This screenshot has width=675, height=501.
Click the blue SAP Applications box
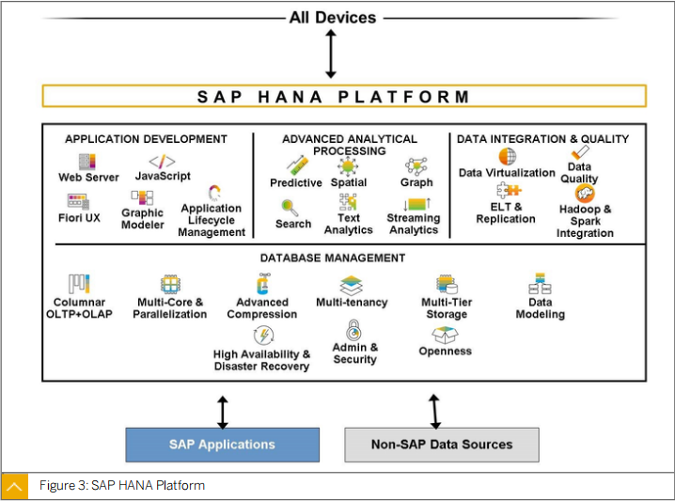[223, 445]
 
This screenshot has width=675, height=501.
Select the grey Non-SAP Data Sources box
[442, 445]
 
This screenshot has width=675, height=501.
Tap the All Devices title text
[333, 18]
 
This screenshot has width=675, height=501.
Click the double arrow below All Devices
[331, 54]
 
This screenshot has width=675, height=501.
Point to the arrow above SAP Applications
[223, 413]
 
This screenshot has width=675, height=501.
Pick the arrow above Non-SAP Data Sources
[434, 412]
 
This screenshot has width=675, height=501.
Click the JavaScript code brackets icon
[163, 162]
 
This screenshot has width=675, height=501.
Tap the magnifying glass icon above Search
[290, 208]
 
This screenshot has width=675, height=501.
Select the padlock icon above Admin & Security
[353, 330]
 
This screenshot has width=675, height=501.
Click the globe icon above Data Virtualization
[508, 156]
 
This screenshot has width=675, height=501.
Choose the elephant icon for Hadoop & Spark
[585, 194]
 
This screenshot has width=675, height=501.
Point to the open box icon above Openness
[445, 335]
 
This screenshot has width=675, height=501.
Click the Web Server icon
[87, 162]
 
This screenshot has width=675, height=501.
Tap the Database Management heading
[333, 258]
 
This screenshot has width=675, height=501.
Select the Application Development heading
[146, 139]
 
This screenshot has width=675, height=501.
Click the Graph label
[416, 182]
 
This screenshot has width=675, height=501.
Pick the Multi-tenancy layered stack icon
[352, 286]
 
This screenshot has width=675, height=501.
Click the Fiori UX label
[79, 218]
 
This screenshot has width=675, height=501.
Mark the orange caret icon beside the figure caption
[15, 487]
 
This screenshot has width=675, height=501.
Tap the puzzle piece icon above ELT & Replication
[509, 190]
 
